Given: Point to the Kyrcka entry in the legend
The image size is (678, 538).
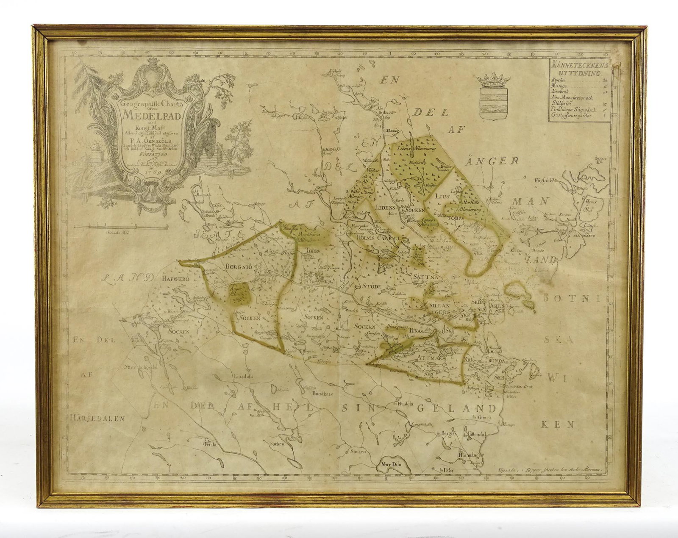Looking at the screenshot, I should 558,80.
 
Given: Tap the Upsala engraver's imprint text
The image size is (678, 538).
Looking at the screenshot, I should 553,464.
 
